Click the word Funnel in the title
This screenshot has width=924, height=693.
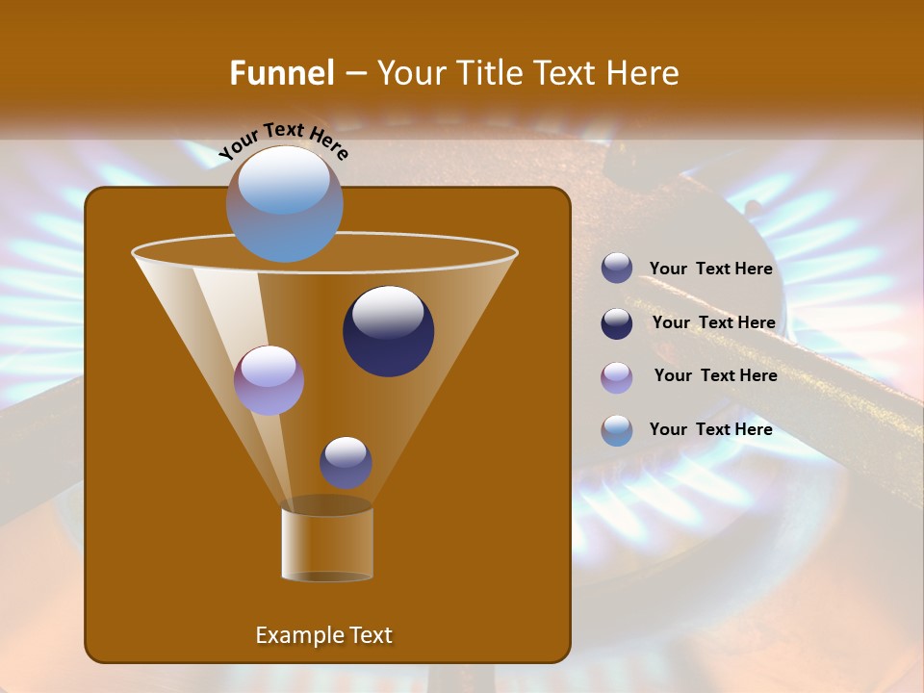(x=281, y=73)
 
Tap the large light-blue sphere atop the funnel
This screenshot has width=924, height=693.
(x=285, y=203)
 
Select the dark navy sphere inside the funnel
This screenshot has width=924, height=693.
(x=388, y=331)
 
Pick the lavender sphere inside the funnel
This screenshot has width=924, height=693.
(x=269, y=380)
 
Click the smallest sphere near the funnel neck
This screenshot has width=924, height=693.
(x=346, y=462)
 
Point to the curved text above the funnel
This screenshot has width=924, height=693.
(x=283, y=141)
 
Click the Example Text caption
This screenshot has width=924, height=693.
(x=323, y=635)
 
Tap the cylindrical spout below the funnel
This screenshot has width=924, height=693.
(x=326, y=543)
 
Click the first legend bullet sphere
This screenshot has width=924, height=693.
(x=617, y=269)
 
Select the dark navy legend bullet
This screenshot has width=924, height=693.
(x=617, y=323)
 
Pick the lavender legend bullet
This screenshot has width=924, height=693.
(x=617, y=377)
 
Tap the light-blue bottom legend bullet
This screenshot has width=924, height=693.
(x=617, y=430)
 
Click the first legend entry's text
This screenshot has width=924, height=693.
(x=710, y=269)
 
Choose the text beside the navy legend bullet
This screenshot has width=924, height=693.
(x=713, y=323)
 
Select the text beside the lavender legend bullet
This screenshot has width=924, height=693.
(x=715, y=376)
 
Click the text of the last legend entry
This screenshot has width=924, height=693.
(x=710, y=429)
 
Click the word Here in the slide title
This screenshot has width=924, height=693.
(x=638, y=73)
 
